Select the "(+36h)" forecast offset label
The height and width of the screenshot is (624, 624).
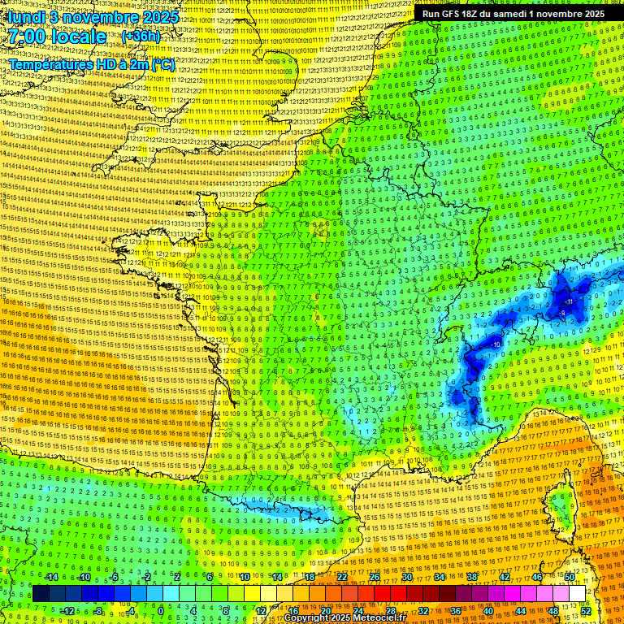click(x=141, y=37)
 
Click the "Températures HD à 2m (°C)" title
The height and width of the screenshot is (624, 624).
click(x=92, y=64)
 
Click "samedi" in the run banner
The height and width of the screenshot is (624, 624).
click(x=532, y=14)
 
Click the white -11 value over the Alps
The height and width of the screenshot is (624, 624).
click(x=570, y=302)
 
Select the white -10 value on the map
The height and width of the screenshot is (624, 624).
click(x=496, y=344)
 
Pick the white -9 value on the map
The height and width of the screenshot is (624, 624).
click(x=562, y=312)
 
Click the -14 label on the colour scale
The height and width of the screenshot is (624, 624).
click(x=51, y=578)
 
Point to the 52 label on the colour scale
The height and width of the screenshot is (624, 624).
click(x=586, y=610)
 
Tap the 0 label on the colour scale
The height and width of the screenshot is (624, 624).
click(x=161, y=610)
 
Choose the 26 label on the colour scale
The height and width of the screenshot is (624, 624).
click(x=375, y=578)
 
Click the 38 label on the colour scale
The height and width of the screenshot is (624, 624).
click(x=471, y=578)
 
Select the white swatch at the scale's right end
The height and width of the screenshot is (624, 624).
click(x=577, y=594)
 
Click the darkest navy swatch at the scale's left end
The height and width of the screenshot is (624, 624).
click(x=41, y=594)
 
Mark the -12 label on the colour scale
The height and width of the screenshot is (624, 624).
click(x=67, y=610)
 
